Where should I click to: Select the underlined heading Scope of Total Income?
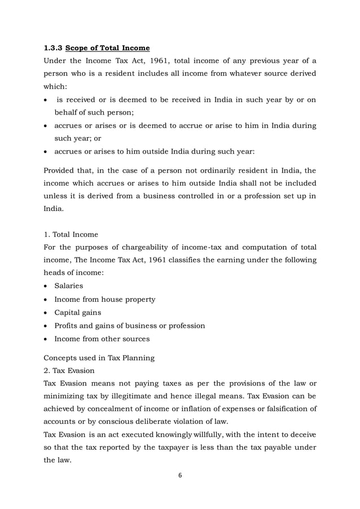tap(107, 48)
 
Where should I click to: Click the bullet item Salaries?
tap(68, 286)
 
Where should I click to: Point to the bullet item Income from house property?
tap(104, 299)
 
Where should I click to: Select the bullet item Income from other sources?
tap(102, 339)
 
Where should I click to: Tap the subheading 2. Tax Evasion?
tap(71, 370)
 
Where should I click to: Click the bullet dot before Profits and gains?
tap(46, 326)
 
